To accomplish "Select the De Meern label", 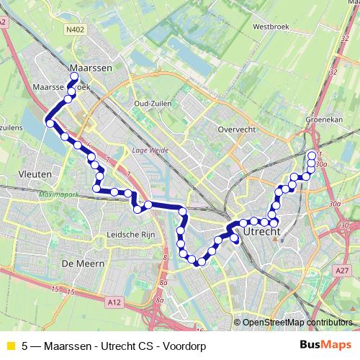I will click(x=85, y=264).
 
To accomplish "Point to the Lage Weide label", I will click(x=149, y=150).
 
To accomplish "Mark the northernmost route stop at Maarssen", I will click(x=73, y=76).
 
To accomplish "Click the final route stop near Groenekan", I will click(x=312, y=156).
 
